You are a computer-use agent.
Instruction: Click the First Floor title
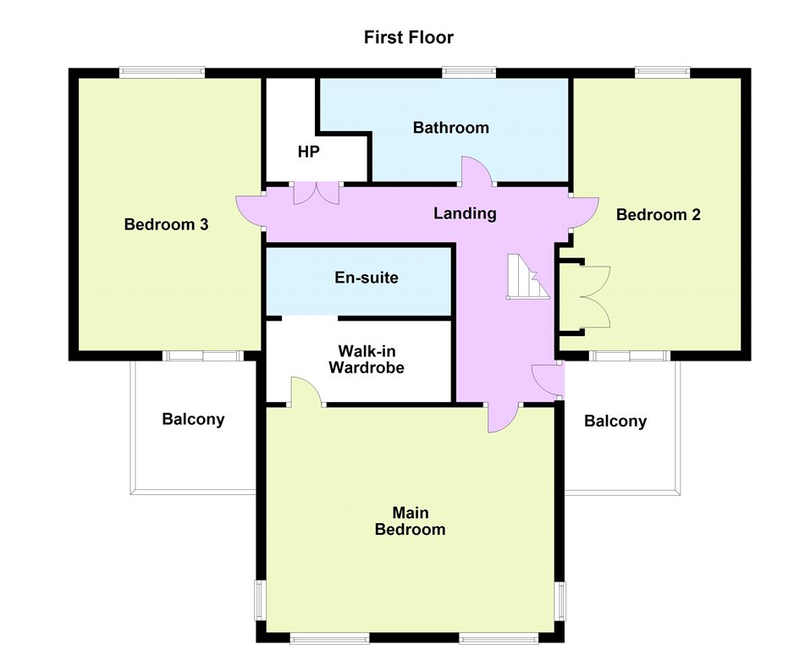pyautogui.click(x=409, y=37)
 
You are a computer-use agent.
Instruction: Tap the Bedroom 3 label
pyautogui.click(x=166, y=224)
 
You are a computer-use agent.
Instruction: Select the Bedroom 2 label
pyautogui.click(x=659, y=215)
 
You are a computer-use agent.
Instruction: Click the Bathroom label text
pyautogui.click(x=450, y=128)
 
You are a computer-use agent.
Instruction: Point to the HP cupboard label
pyautogui.click(x=308, y=151)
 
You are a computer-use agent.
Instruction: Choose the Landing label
pyautogui.click(x=465, y=213)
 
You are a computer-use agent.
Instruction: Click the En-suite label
pyautogui.click(x=367, y=278)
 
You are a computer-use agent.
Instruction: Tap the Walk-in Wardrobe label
pyautogui.click(x=367, y=360)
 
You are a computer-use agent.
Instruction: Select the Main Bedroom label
pyautogui.click(x=411, y=521)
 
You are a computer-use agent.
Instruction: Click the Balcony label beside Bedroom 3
pyautogui.click(x=193, y=420)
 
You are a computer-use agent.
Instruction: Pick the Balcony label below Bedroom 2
pyautogui.click(x=615, y=421)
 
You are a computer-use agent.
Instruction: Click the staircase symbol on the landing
pyautogui.click(x=528, y=277)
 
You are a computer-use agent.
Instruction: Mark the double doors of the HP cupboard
pyautogui.click(x=317, y=193)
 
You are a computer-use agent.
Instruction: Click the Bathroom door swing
pyautogui.click(x=477, y=172)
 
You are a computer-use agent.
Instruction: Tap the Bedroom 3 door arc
pyautogui.click(x=249, y=212)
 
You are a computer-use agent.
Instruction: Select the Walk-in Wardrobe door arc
pyautogui.click(x=306, y=390)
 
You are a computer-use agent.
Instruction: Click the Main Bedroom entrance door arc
pyautogui.click(x=503, y=418)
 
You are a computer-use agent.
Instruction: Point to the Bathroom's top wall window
pyautogui.click(x=469, y=73)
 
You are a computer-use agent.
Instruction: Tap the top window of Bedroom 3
pyautogui.click(x=162, y=73)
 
